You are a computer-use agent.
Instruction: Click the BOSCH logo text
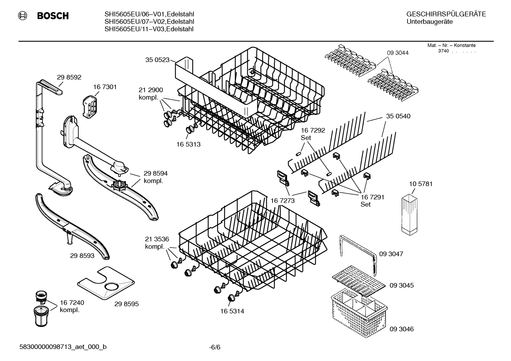click(52, 16)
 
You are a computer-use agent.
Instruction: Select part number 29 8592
click(69, 77)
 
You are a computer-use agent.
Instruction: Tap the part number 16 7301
click(105, 87)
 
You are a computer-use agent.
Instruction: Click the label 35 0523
click(157, 60)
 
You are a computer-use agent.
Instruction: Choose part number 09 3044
click(397, 53)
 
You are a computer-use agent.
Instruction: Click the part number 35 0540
click(398, 116)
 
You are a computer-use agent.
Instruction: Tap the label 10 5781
click(421, 184)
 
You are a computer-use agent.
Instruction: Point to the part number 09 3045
click(401, 285)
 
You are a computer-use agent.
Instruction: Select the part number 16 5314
click(232, 311)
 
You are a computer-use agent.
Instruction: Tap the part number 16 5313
click(188, 144)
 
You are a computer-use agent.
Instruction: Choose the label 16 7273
click(282, 201)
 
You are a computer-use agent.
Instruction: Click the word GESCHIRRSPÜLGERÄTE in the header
click(446, 14)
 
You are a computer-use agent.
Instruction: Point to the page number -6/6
click(214, 347)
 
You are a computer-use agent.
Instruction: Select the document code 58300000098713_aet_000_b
click(63, 347)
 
